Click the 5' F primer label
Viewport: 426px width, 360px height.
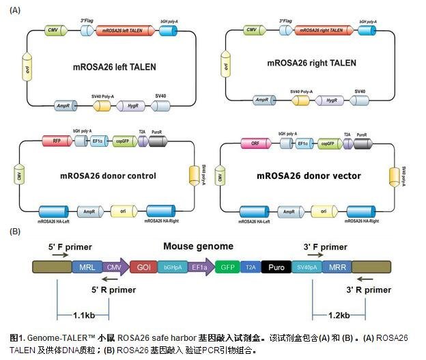[70, 247]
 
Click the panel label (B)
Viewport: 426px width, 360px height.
[15, 231]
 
